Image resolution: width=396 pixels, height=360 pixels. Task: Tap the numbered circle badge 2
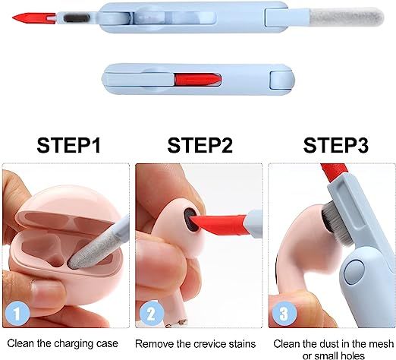152,313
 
